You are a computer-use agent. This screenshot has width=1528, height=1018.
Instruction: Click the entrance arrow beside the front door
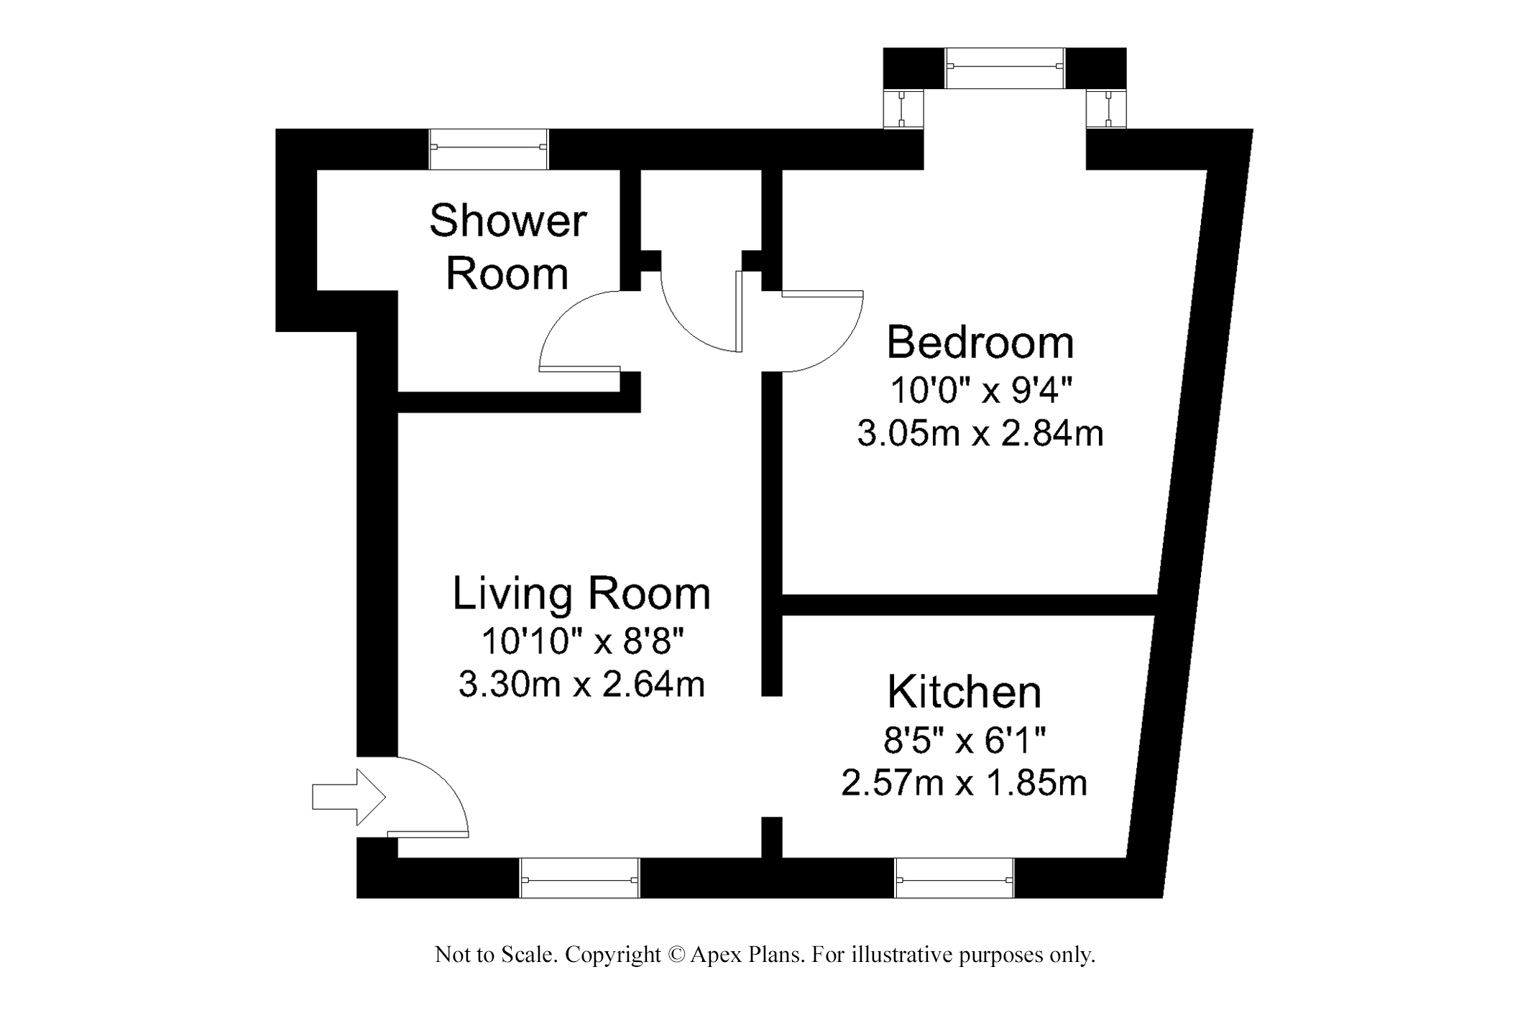pyautogui.click(x=349, y=797)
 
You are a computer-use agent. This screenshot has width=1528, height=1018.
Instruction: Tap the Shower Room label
pyautogui.click(x=508, y=246)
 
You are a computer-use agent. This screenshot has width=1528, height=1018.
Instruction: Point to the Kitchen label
pyautogui.click(x=965, y=692)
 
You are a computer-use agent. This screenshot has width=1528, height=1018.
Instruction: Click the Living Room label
pyautogui.click(x=581, y=593)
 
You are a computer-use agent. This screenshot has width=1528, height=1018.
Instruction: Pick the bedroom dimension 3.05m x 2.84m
pyautogui.click(x=980, y=434)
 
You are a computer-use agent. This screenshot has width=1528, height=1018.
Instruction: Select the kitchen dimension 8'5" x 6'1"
pyautogui.click(x=965, y=739)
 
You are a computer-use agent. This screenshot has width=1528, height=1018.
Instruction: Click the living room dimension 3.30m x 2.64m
pyautogui.click(x=581, y=684)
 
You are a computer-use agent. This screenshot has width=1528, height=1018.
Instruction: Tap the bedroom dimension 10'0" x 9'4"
pyautogui.click(x=981, y=391)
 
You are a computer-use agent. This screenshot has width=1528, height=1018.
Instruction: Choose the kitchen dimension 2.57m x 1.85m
pyautogui.click(x=965, y=782)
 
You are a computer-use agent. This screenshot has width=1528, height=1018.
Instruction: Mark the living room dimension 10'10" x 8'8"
pyautogui.click(x=581, y=641)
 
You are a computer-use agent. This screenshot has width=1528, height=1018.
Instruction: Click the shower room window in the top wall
pyautogui.click(x=489, y=149)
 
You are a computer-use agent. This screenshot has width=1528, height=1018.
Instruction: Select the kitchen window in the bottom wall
pyautogui.click(x=954, y=878)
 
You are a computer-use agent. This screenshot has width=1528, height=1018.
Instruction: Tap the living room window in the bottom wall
pyautogui.click(x=579, y=878)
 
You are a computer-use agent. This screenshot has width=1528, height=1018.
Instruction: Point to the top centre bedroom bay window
pyautogui.click(x=1005, y=68)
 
